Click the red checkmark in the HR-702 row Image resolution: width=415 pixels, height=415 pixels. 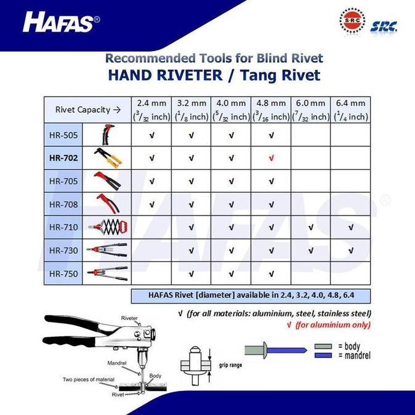coord(271,158)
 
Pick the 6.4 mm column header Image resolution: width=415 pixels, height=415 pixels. coord(350,109)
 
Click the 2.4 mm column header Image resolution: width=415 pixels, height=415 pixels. coord(151,109)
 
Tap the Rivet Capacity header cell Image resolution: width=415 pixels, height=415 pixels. coord(87,110)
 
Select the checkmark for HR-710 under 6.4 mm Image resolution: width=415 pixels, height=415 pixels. coord(350,227)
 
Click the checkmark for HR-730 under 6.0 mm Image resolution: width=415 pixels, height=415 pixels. coord(310,250)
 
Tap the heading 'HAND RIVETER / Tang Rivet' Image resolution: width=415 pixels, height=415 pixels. coord(214,76)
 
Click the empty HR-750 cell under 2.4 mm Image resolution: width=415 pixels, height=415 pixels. coord(151,273)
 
